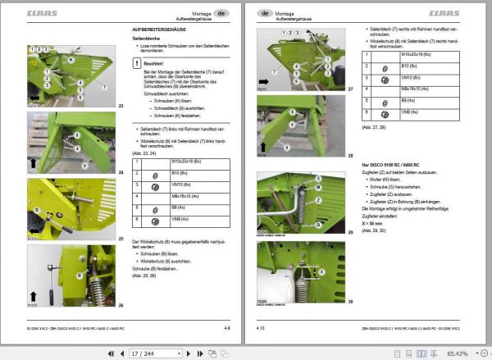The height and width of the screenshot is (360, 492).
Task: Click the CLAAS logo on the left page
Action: click(x=43, y=13)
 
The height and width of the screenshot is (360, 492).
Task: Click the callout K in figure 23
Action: click(x=71, y=59)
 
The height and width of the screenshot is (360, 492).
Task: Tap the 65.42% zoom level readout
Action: click(x=460, y=352)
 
